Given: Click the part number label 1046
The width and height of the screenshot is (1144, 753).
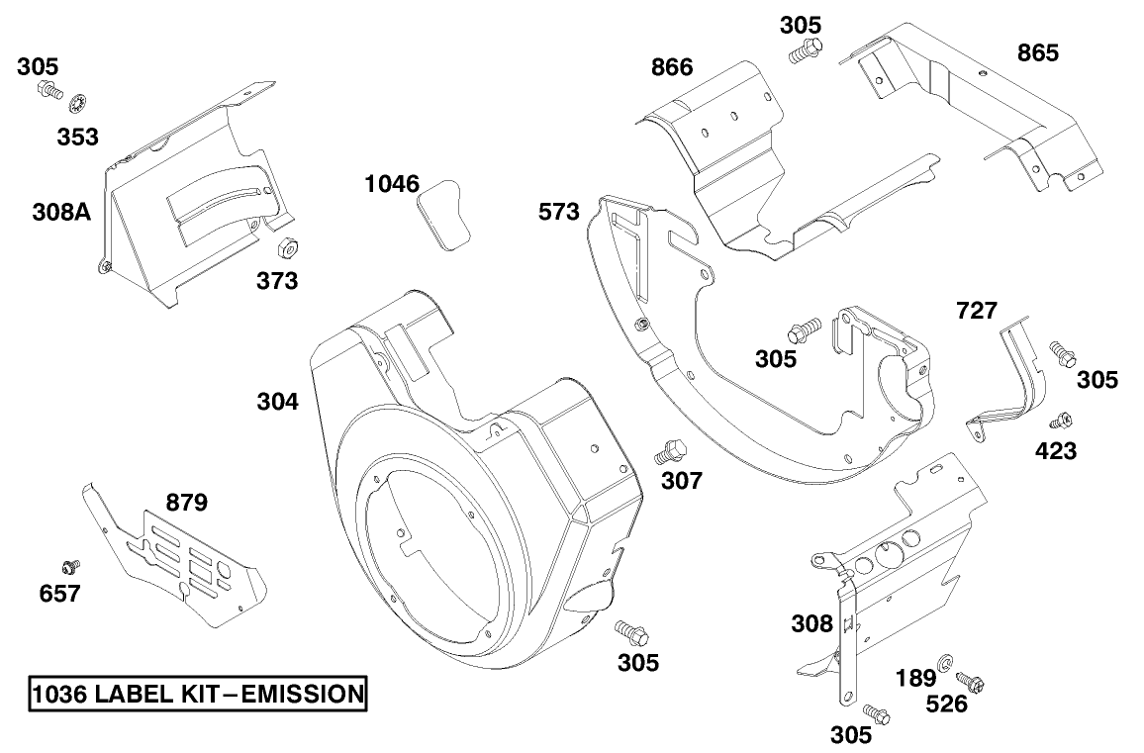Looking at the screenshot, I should click(392, 183).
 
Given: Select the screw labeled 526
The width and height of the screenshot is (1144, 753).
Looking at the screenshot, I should click(970, 681).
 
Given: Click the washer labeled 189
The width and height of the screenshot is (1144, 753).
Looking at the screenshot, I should click(944, 661).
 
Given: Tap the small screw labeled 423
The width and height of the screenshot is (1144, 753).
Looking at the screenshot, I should click(1065, 421).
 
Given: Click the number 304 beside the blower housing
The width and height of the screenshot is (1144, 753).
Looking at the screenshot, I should click(278, 401).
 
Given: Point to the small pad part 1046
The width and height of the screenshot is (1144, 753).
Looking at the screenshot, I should click(443, 212).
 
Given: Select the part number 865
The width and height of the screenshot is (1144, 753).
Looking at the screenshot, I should click(1037, 52).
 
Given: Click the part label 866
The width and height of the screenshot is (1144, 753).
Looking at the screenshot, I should click(672, 67).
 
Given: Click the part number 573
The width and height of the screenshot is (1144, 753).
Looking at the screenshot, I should click(559, 211).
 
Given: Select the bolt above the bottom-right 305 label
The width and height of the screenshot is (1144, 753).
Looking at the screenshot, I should click(875, 712).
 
